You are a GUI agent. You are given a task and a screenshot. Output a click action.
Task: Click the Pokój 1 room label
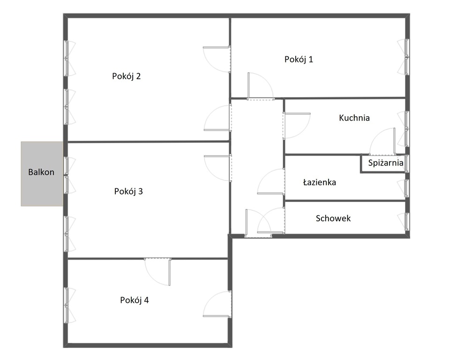[x=299, y=60]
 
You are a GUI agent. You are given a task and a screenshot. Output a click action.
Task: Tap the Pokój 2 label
[x=127, y=76]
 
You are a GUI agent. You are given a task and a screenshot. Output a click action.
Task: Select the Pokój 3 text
[x=128, y=191]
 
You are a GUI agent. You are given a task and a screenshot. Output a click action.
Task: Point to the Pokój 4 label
[x=135, y=300]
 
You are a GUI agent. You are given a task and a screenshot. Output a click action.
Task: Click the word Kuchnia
[x=354, y=118]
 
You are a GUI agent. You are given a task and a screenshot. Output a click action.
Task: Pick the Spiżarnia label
[x=386, y=164]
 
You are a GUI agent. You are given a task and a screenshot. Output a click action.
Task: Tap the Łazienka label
[x=319, y=182]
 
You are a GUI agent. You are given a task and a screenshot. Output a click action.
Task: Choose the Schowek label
[x=333, y=218]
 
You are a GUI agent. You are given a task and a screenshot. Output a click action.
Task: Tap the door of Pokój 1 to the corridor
[x=259, y=87]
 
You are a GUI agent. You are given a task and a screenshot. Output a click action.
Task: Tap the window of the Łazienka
[x=406, y=188]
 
